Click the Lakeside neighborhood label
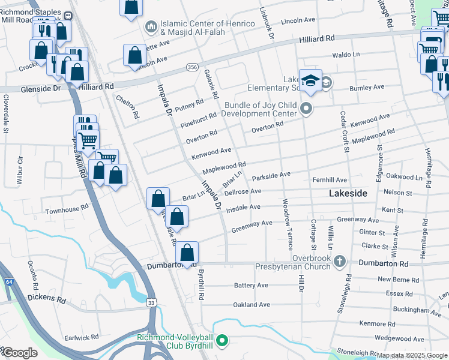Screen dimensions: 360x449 348,193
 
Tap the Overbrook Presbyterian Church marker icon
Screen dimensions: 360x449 340,261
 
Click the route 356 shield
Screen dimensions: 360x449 192,67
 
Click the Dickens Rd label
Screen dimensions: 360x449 46,299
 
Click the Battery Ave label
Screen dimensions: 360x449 252,285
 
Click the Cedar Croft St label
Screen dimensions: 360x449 345,131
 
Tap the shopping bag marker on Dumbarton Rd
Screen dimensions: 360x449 188,254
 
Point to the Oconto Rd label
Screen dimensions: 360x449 34,273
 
